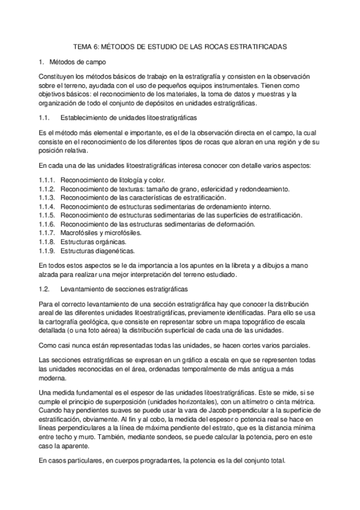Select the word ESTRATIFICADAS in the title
256,46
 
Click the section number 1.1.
43,118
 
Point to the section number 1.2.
43,289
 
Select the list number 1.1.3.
46,197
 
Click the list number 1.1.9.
46,250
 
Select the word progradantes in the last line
124,461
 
